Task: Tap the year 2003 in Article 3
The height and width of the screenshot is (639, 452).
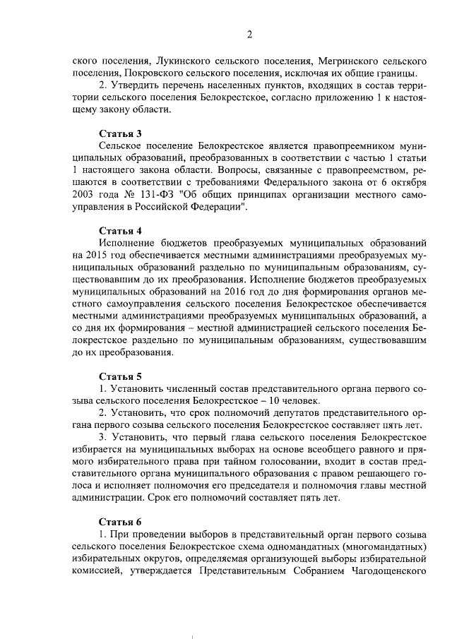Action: [83, 196]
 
